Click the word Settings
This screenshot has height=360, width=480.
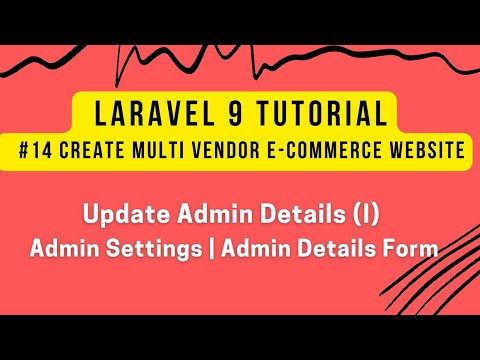click(x=165, y=247)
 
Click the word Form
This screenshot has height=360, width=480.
click(x=412, y=247)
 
